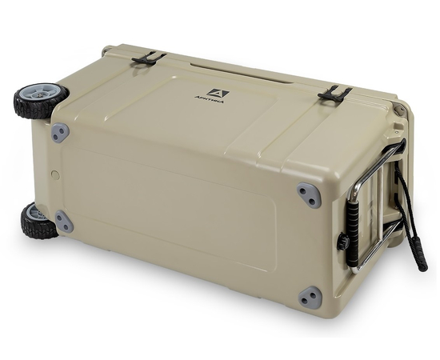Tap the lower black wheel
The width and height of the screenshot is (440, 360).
click(34, 220)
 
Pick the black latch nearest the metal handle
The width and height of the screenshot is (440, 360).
click(334, 94)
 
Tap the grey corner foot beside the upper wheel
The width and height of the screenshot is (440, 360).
click(60, 133)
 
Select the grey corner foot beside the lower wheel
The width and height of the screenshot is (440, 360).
click(64, 222)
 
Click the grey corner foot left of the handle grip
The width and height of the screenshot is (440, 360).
click(308, 194)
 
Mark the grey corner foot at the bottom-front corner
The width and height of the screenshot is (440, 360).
click(310, 298)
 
